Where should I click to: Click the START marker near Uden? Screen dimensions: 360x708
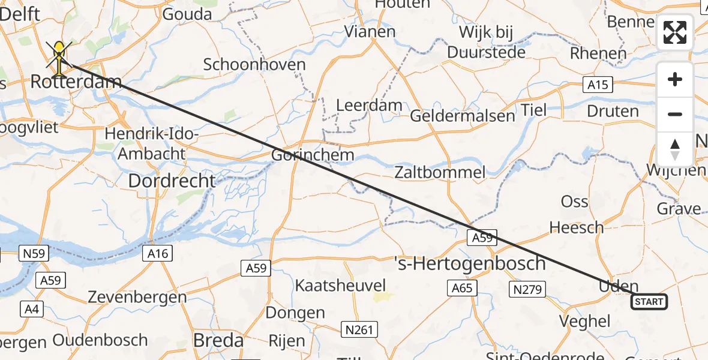pos(649,301)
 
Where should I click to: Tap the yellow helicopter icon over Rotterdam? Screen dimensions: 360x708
pos(59,56)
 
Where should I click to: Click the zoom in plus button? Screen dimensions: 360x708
pos(675,80)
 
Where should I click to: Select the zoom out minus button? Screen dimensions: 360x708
pos(675,114)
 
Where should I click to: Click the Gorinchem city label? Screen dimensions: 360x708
pos(313,155)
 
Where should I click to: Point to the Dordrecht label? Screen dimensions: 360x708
pos(172,180)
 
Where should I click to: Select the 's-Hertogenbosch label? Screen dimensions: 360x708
pos(470,263)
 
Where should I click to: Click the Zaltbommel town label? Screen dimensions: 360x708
pos(440,172)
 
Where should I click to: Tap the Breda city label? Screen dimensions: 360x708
pos(218,340)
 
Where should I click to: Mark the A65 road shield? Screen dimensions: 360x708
pos(462,289)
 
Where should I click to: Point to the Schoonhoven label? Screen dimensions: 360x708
pos(254,64)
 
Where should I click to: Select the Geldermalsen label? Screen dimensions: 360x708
pos(462,115)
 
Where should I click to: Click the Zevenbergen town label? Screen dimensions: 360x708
pos(137,296)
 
